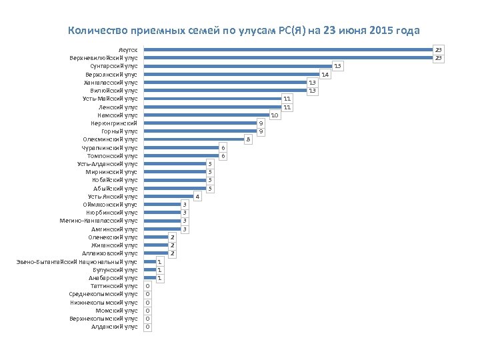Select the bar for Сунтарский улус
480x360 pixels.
[x=238, y=66]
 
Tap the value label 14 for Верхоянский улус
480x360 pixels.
[x=325, y=75]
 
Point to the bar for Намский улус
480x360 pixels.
[x=207, y=115]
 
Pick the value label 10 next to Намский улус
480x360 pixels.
[x=275, y=115]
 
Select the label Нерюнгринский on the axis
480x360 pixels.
[x=114, y=123]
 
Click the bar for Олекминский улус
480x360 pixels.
[x=193, y=139]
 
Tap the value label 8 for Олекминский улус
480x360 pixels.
[x=248, y=139]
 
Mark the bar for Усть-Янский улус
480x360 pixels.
[x=169, y=197]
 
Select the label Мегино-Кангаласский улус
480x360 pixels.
[x=99, y=221]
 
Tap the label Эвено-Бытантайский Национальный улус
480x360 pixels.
[x=77, y=261]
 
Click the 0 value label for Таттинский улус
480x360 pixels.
[x=148, y=286]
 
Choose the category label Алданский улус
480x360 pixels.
[x=114, y=327]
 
